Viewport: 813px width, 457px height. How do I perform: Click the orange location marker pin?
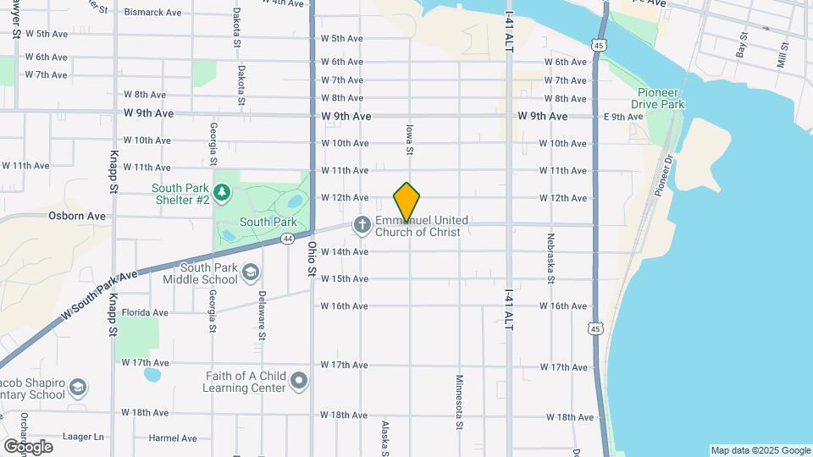click(x=406, y=201)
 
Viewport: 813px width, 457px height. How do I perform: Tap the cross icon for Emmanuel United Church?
click(x=362, y=224)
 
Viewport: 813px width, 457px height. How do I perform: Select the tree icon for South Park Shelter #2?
click(x=222, y=193)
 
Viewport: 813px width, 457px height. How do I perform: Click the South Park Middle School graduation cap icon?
click(x=250, y=272)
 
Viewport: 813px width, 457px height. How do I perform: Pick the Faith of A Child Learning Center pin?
click(x=298, y=382)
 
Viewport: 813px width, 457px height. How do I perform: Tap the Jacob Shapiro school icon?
click(x=77, y=388)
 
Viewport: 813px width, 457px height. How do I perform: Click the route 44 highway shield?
click(x=288, y=240)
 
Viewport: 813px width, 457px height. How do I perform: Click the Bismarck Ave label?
click(x=152, y=13)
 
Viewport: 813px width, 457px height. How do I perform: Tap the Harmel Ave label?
click(x=173, y=438)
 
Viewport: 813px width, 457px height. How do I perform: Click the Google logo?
click(x=28, y=447)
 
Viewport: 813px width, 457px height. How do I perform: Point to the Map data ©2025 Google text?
click(x=760, y=450)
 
